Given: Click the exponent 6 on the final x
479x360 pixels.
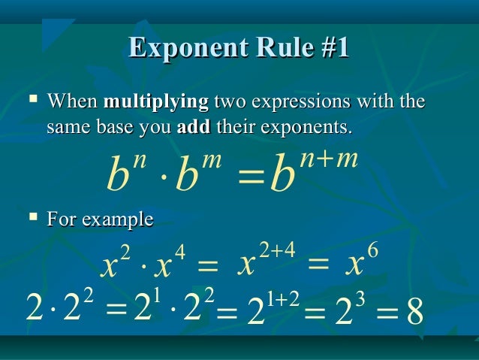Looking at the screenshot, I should (x=373, y=249).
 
